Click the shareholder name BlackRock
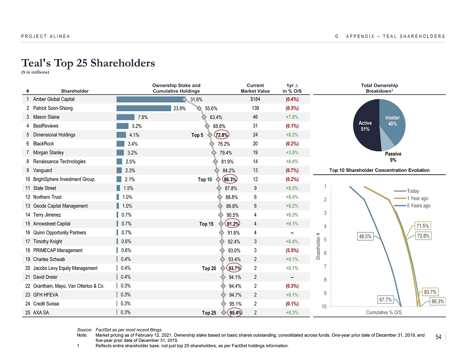(x=44, y=144)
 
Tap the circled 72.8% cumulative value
(x=221, y=135)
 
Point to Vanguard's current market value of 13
(x=255, y=170)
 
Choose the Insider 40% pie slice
(x=392, y=121)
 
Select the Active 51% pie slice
(x=365, y=127)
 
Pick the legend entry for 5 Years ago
(x=418, y=205)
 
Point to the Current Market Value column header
(x=255, y=88)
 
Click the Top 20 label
(x=209, y=268)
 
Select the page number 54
(x=438, y=337)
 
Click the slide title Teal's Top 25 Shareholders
(x=88, y=62)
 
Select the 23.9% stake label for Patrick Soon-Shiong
(x=180, y=108)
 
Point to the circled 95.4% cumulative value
(x=234, y=313)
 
